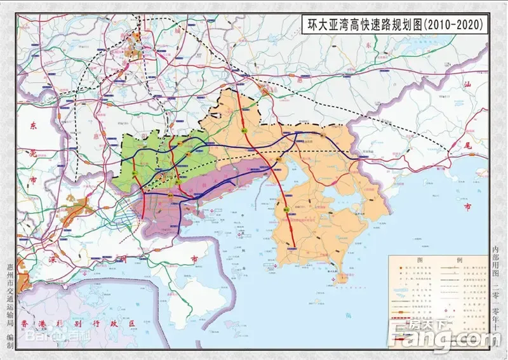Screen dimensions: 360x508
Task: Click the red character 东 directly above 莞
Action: click(33, 126)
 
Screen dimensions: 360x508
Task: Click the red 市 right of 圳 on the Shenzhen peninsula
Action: click(194, 258)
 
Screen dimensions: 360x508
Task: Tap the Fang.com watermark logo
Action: click(450, 333)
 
